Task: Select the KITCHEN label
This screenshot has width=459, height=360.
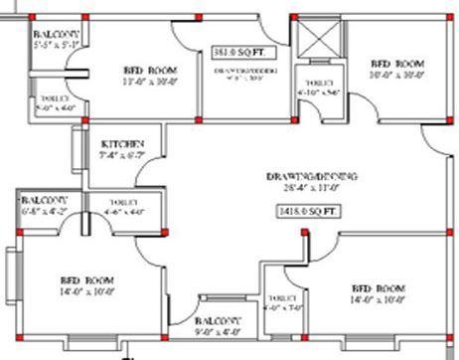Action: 118,143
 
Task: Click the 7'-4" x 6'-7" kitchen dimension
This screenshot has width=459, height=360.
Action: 121,156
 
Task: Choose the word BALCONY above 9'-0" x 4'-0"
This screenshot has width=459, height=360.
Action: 218,321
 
